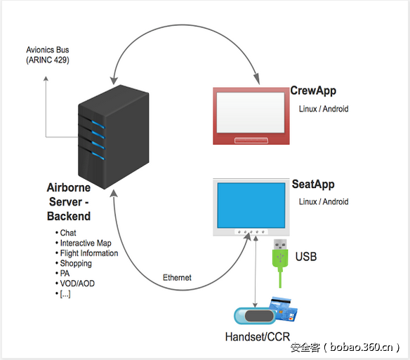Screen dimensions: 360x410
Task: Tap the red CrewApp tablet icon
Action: pos(251,115)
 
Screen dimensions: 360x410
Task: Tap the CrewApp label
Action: pos(312,92)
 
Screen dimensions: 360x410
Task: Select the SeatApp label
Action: pos(313,185)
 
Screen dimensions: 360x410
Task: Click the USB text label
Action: pos(305,257)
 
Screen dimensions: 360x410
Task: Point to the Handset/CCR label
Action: pos(258,337)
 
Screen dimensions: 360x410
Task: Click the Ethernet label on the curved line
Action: pos(176,278)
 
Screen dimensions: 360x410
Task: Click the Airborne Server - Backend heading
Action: pos(69,202)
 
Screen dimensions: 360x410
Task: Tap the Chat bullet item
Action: pos(68,232)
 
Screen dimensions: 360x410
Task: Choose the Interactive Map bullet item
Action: pos(85,243)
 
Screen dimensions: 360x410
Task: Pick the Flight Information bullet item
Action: pos(88,253)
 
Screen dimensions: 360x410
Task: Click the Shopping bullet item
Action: pos(76,263)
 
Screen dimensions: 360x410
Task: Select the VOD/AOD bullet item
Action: pos(77,284)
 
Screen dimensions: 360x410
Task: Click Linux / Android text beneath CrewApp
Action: pos(324,109)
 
